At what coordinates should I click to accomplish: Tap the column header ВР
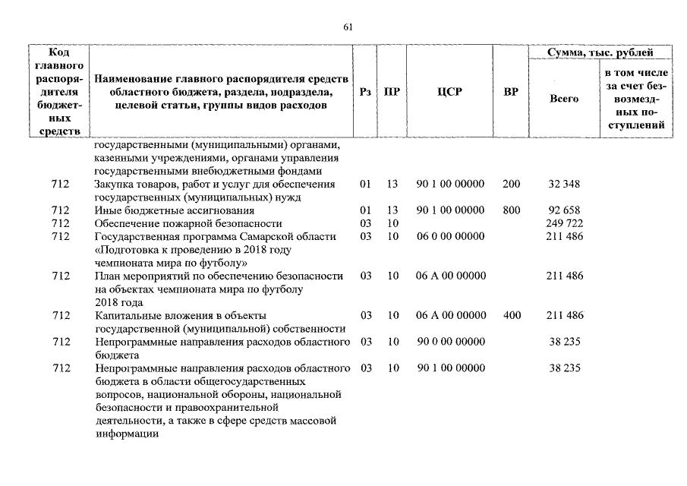point(511,92)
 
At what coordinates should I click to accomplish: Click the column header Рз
point(365,92)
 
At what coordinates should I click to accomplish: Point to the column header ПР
point(392,92)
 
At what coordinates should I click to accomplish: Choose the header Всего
point(563,99)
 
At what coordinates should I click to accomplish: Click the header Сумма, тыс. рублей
point(600,52)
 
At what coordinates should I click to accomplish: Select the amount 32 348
point(564,185)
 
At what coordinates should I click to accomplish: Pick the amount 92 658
point(564,210)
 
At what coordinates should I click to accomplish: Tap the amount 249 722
point(564,223)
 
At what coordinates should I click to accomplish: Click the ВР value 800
point(511,210)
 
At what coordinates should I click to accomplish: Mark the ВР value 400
point(511,315)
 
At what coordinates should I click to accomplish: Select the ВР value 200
point(511,185)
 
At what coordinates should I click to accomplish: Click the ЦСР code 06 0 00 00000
point(450,236)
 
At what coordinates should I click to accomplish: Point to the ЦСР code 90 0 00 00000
point(450,342)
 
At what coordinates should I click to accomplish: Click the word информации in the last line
point(127,434)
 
